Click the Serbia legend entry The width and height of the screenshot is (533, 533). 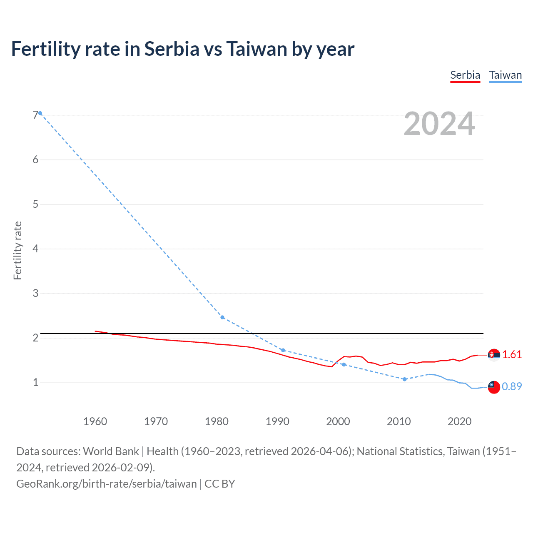click(x=465, y=75)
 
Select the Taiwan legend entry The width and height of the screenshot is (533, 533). click(x=505, y=75)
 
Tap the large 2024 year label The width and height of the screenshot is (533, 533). click(x=439, y=124)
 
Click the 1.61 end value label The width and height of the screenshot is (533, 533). click(x=512, y=354)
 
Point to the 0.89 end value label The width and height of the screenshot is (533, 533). click(x=512, y=386)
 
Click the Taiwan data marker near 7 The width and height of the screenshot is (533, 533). click(x=40, y=113)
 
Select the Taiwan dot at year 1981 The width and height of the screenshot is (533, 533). click(x=222, y=317)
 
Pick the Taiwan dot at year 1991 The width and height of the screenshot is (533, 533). click(x=283, y=350)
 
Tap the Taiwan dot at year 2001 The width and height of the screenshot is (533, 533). click(x=344, y=364)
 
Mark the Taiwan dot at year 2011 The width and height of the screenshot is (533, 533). click(x=404, y=379)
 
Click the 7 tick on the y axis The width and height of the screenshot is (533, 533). click(x=35, y=115)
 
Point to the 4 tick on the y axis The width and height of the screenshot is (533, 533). click(x=35, y=249)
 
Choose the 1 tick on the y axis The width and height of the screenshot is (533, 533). click(x=35, y=382)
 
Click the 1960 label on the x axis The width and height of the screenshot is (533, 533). click(x=95, y=421)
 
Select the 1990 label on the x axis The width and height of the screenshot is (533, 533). click(x=277, y=421)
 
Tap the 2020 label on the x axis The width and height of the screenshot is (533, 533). click(x=459, y=421)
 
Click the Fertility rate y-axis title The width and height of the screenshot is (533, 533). click(x=17, y=250)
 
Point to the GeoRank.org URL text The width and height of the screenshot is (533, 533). click(x=107, y=483)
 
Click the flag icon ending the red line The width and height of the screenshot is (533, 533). click(x=493, y=355)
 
